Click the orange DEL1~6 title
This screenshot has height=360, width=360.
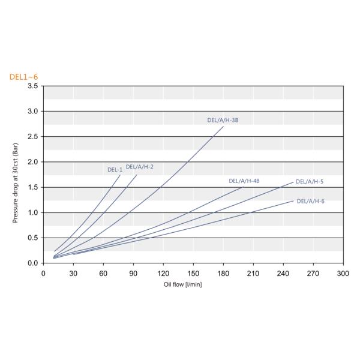click(23, 77)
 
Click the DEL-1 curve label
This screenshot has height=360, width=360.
click(115, 170)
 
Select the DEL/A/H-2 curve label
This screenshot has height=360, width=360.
click(140, 166)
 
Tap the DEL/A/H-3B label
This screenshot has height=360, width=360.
click(223, 120)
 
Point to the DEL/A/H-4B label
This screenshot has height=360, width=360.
click(244, 181)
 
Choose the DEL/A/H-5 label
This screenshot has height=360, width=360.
click(310, 181)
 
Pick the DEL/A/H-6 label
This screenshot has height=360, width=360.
click(310, 201)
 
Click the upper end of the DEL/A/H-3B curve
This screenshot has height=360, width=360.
click(223, 127)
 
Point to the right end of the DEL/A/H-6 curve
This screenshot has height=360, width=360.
click(293, 200)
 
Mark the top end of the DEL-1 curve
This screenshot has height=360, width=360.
click(120, 175)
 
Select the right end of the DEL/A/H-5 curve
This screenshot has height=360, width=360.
click(293, 182)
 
